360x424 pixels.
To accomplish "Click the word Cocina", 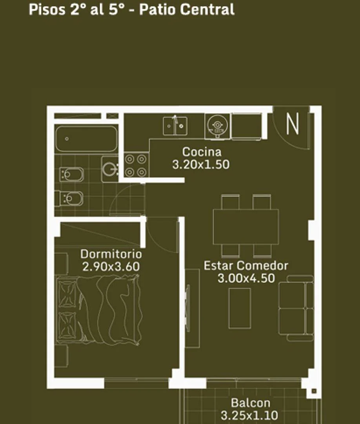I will click(x=202, y=152).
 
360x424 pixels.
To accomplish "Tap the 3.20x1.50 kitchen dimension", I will click(x=201, y=164).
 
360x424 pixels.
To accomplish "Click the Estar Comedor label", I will click(x=246, y=265).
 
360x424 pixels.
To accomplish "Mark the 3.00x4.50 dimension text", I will click(x=246, y=278).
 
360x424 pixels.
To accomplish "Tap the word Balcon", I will click(x=250, y=403).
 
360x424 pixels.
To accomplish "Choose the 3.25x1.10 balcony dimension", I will click(x=249, y=415).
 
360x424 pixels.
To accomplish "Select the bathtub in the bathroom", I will click(x=86, y=138).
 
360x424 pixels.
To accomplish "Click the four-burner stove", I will click(x=136, y=165).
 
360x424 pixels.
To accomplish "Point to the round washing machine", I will click(x=216, y=126).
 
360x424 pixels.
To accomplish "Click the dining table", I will click(x=246, y=227).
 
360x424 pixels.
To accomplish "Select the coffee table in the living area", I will click(x=240, y=308).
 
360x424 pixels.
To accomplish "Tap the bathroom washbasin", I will click(x=111, y=169).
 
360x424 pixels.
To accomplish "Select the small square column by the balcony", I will click(x=314, y=391).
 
